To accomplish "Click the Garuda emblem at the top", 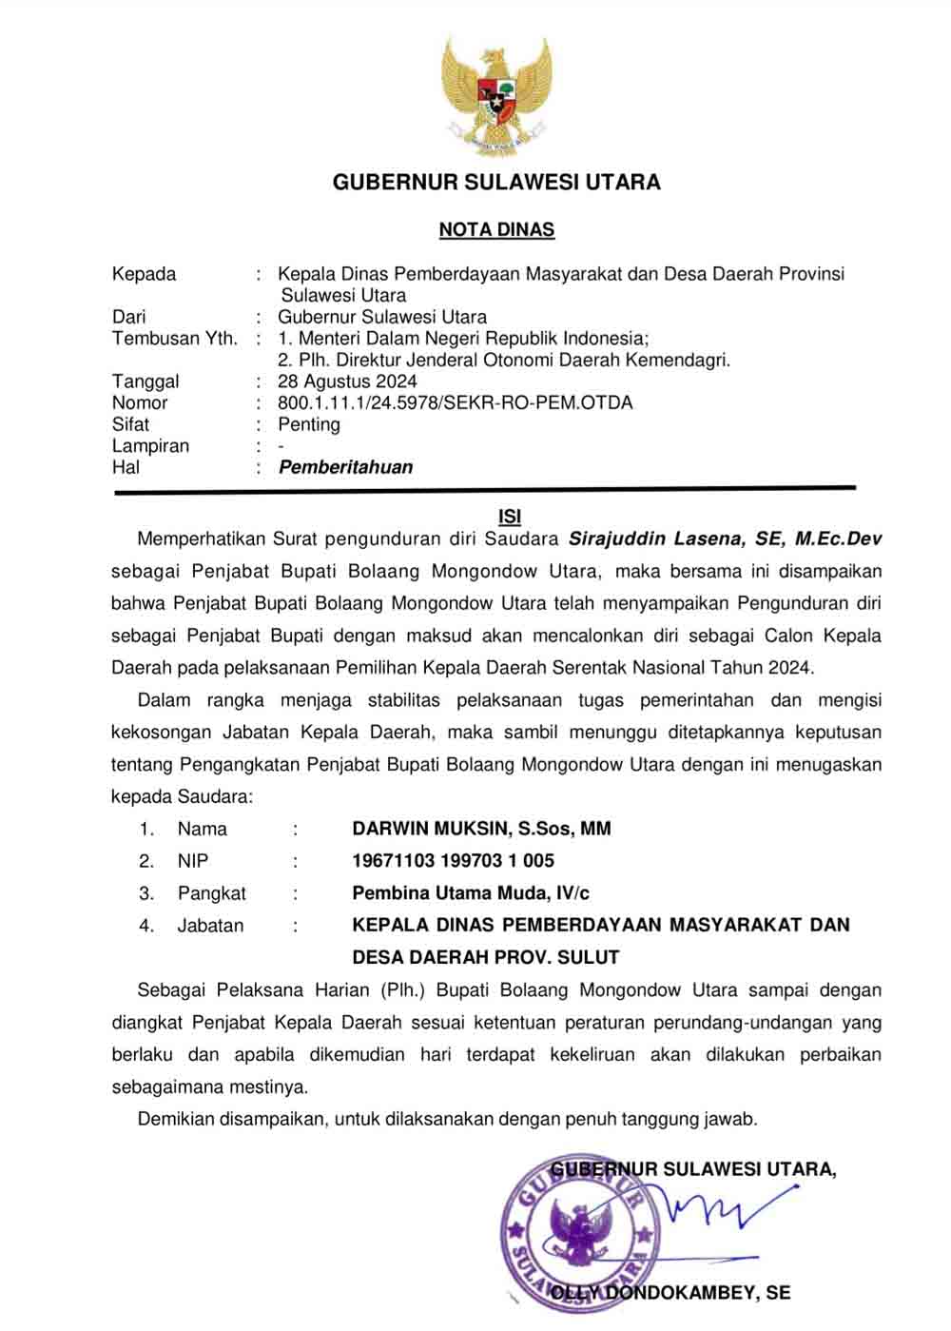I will pos(495,95).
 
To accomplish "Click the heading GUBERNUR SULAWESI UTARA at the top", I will pos(496,183).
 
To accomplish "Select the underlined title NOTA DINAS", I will pos(496,229).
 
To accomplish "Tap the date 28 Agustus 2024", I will pos(347,382).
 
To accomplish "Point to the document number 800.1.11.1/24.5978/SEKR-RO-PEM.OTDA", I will pos(455,402).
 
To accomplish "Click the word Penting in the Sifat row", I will pos(309,424).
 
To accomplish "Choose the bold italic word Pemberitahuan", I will pos(345,467).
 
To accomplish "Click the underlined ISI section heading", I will pos(510,516).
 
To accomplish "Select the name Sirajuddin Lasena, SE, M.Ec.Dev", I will pos(725,539).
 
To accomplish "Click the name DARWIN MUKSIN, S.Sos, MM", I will pos(481,829).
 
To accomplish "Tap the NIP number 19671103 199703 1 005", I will pos(453,861).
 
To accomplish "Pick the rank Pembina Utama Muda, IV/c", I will pos(471,893).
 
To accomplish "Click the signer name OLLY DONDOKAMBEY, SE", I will pos(670,1293).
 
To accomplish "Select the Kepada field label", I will pos(144,274).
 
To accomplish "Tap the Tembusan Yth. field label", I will pos(175,339).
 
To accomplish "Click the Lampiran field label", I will pos(150,446).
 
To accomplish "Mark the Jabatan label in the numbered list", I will pos(210,926).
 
